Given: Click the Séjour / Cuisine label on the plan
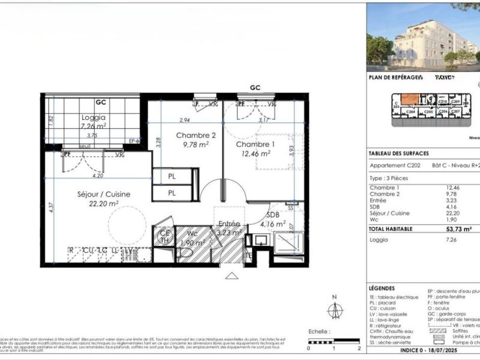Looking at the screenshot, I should (x=104, y=194).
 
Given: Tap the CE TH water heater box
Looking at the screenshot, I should (x=163, y=237).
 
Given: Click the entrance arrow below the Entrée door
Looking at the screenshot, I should (x=231, y=275).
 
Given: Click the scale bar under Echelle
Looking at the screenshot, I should (x=334, y=343).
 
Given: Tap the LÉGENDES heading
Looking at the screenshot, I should (x=382, y=288).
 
